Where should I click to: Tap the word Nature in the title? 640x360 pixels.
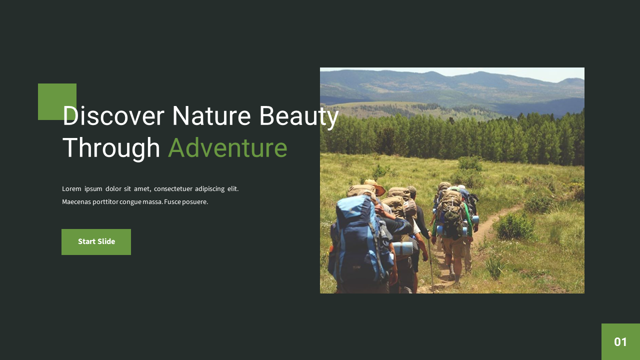(x=211, y=116)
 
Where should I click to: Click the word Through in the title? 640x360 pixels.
(x=111, y=148)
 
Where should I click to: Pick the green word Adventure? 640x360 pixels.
(x=227, y=148)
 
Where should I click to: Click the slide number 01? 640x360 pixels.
(x=620, y=342)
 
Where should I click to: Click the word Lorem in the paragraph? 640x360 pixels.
(x=71, y=189)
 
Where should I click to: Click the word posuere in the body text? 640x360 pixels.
(x=195, y=202)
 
